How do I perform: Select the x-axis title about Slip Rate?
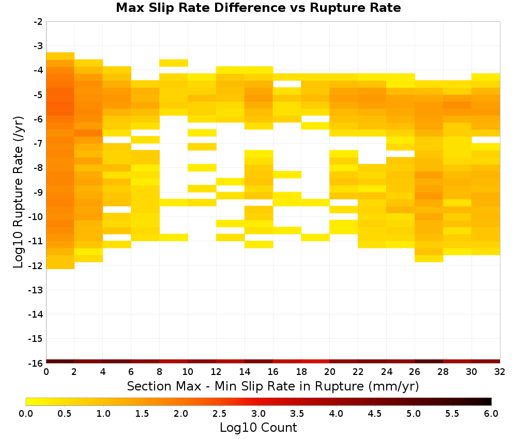point(272,386)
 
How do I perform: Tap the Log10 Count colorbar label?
point(258,428)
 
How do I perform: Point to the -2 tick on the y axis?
point(38,22)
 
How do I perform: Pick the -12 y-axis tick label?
point(36,265)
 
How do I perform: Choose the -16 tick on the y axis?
point(36,363)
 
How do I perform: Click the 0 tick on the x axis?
point(46,372)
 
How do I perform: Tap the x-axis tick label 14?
point(245,372)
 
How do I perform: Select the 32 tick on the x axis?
point(500,372)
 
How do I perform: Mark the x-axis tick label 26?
point(415,372)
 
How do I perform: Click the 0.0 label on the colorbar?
point(26,414)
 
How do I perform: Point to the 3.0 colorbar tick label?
point(258,414)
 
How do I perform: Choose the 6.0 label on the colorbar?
point(491,414)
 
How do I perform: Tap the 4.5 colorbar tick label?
point(374,414)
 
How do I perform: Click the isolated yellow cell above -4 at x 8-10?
point(174,63)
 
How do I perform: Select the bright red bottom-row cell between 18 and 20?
point(315,362)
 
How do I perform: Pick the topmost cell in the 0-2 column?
point(60,56)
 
